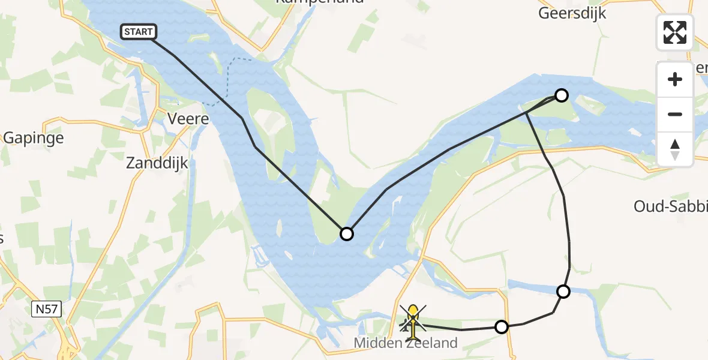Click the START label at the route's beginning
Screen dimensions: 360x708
[139, 32]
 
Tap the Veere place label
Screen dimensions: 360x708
[188, 119]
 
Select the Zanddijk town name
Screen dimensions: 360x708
[157, 162]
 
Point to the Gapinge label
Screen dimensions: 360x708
[33, 137]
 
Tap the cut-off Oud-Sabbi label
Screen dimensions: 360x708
[671, 207]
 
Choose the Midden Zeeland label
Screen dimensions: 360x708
[406, 343]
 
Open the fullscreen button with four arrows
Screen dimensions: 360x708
[675, 32]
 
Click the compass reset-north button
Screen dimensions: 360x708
[675, 149]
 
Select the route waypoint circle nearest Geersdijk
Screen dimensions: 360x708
[561, 95]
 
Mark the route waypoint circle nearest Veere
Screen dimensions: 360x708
[347, 233]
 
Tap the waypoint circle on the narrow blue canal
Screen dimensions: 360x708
[563, 292]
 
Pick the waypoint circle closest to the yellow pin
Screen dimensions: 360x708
[501, 326]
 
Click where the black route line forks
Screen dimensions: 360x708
[526, 112]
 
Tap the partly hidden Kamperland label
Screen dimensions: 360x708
[319, 2]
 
